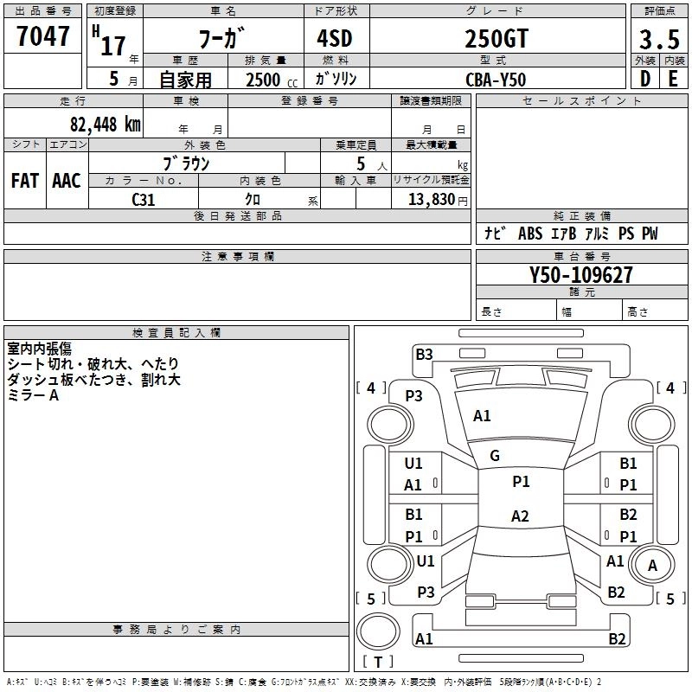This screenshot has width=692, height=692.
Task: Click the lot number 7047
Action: tap(43, 35)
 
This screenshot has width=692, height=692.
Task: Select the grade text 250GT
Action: tap(497, 40)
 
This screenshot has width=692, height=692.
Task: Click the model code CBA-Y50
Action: tap(495, 79)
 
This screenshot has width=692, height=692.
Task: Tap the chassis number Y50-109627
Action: tap(580, 275)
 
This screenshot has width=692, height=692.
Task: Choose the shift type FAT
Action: tap(24, 181)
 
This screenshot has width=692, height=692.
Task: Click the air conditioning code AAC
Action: tap(66, 181)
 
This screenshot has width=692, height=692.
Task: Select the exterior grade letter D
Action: tap(644, 79)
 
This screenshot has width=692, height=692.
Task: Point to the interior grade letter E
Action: tap(673, 79)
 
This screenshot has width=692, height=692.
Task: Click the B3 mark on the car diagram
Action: tap(424, 354)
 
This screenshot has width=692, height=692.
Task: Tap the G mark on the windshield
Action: tap(495, 455)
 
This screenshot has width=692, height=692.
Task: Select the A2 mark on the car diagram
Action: tap(519, 516)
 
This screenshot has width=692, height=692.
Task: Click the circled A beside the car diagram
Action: tap(652, 566)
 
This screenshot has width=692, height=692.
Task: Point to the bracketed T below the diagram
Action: tap(377, 662)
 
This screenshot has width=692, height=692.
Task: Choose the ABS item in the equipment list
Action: tap(530, 234)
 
